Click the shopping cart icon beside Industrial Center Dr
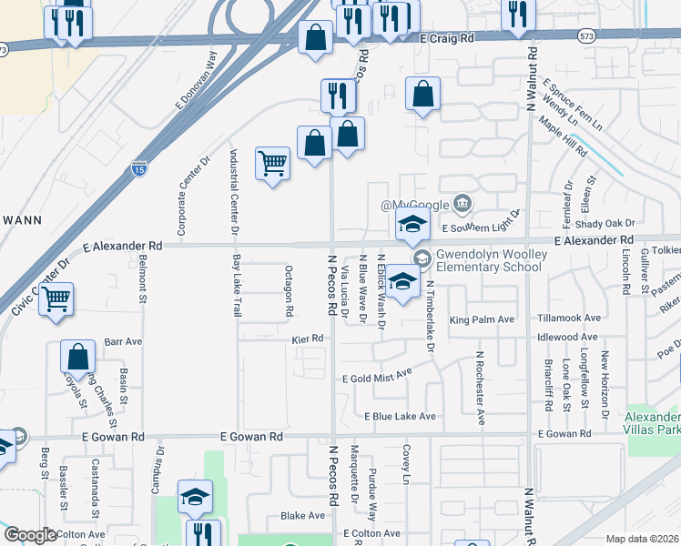(x=272, y=164)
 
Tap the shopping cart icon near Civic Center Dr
(x=56, y=298)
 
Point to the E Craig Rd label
(x=449, y=39)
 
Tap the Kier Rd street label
(x=308, y=339)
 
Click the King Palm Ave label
(x=482, y=319)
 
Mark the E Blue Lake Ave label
(x=400, y=417)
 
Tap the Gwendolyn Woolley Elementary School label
(x=490, y=261)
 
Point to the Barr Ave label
(x=124, y=342)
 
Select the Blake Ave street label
(x=302, y=515)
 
